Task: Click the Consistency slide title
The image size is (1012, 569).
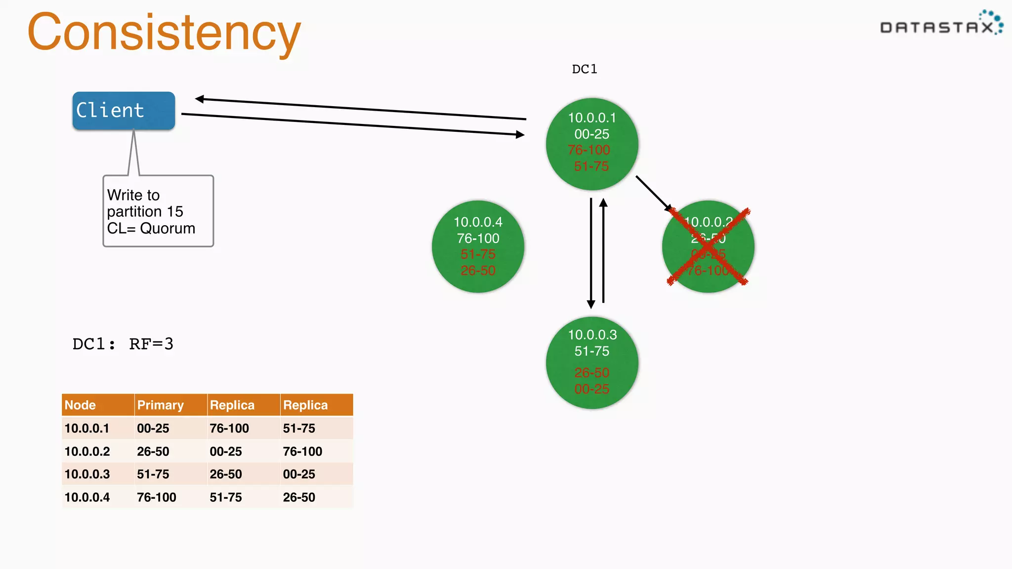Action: point(164,33)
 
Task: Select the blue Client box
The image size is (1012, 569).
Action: point(124,111)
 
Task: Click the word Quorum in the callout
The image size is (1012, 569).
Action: point(168,228)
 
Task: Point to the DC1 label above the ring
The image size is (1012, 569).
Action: point(584,69)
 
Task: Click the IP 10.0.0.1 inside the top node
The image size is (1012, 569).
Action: point(591,118)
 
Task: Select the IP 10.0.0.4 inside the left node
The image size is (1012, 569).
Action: point(478,222)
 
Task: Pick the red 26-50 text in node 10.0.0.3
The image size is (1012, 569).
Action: point(591,372)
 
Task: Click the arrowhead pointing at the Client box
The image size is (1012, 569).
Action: point(200,99)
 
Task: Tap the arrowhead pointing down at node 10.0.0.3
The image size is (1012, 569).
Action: point(590,304)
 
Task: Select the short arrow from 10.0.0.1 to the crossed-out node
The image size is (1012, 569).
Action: point(653,193)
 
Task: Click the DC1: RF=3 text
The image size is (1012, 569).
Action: point(123,344)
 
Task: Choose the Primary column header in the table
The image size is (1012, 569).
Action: point(160,405)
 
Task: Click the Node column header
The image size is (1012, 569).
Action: point(80,405)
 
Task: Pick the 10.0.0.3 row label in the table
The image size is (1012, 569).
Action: point(87,474)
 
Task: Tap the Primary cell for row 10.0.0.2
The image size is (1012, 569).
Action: point(153,451)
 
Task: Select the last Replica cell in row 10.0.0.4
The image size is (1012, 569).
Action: point(298,497)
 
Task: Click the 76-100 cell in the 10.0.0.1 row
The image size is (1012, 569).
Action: point(229,428)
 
